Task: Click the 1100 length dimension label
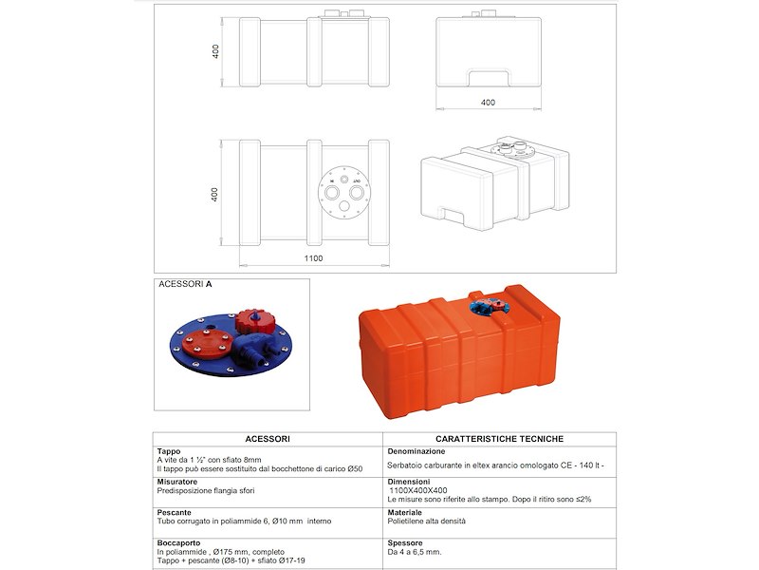[314, 257]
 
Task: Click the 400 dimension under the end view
[488, 102]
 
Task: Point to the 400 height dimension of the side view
[216, 51]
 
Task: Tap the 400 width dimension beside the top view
[215, 193]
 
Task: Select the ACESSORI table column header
[268, 439]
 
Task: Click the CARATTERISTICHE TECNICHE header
[499, 439]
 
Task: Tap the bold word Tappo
[169, 451]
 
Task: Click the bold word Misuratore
[177, 482]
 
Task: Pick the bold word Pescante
[175, 512]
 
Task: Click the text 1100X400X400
[422, 490]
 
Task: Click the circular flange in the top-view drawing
[344, 192]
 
